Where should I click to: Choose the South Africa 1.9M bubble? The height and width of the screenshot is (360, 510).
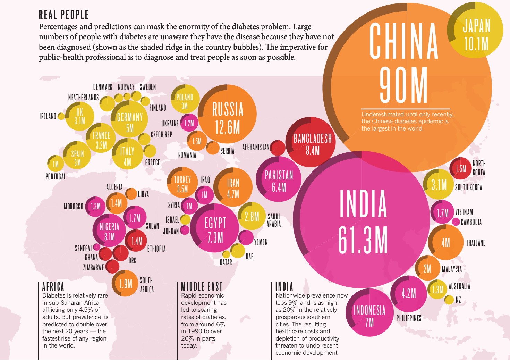[125, 284]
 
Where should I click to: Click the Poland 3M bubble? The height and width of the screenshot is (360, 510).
[185, 100]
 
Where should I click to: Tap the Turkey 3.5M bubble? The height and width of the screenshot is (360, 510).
[182, 184]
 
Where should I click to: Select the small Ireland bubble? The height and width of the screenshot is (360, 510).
[61, 116]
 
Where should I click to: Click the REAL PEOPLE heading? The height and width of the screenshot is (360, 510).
[64, 15]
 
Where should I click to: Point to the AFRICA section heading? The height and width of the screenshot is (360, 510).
[53, 286]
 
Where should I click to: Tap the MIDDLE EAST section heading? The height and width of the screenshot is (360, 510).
[202, 286]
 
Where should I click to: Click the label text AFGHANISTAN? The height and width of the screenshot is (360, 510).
[256, 147]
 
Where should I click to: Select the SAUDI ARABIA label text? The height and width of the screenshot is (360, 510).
[274, 220]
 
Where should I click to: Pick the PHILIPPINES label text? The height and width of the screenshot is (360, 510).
[409, 318]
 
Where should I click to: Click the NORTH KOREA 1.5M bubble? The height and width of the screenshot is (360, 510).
[460, 168]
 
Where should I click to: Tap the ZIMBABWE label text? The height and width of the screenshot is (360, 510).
[93, 267]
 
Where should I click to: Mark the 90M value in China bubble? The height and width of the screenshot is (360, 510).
[403, 85]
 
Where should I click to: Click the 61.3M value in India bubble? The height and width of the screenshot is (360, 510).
[363, 240]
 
